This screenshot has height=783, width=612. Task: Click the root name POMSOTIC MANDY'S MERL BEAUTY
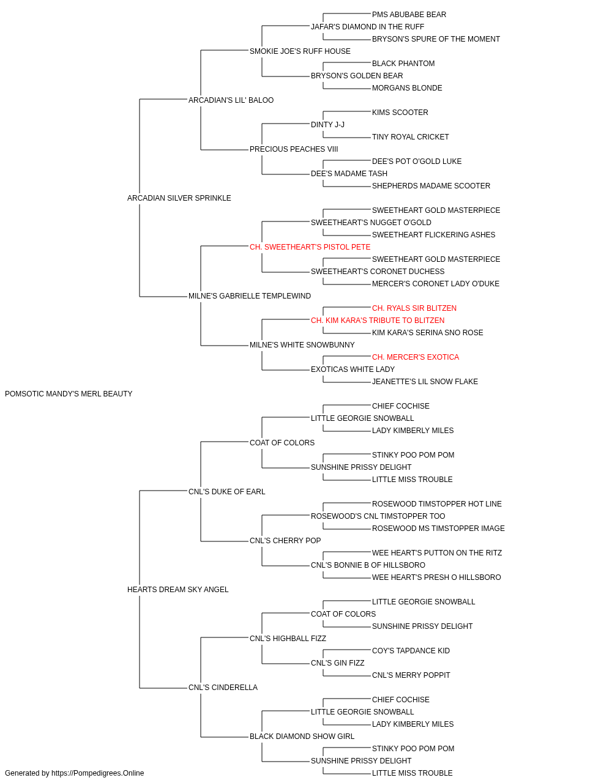click(x=69, y=394)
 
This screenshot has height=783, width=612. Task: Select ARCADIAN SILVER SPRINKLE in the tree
click(x=179, y=198)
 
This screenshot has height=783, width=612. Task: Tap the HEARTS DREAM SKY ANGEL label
click(x=177, y=590)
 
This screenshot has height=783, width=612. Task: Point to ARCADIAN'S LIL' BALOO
click(x=231, y=100)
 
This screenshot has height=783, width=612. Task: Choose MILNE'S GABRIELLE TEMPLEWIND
click(x=250, y=296)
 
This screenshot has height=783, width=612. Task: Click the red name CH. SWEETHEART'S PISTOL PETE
click(x=310, y=247)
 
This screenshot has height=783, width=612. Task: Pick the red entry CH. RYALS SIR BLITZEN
click(x=414, y=308)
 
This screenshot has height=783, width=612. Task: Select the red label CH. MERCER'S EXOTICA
click(x=416, y=357)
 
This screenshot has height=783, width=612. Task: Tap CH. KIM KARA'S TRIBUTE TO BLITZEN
click(x=378, y=321)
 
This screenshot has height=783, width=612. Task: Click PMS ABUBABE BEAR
click(x=409, y=15)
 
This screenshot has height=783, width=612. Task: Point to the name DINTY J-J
click(x=327, y=125)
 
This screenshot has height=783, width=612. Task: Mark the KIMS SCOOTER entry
click(x=400, y=113)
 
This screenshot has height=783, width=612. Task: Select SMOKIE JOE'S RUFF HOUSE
click(x=300, y=51)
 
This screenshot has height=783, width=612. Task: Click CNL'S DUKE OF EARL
click(x=226, y=492)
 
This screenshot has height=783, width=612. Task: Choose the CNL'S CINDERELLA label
click(x=223, y=688)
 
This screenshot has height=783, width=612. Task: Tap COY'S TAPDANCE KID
click(x=411, y=651)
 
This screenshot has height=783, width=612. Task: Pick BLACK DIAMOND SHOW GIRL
click(x=302, y=737)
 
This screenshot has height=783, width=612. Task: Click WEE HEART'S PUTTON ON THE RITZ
click(x=437, y=553)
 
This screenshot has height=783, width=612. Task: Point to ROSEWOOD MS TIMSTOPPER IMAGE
click(x=438, y=529)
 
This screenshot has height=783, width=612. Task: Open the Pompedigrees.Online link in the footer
click(x=98, y=773)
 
